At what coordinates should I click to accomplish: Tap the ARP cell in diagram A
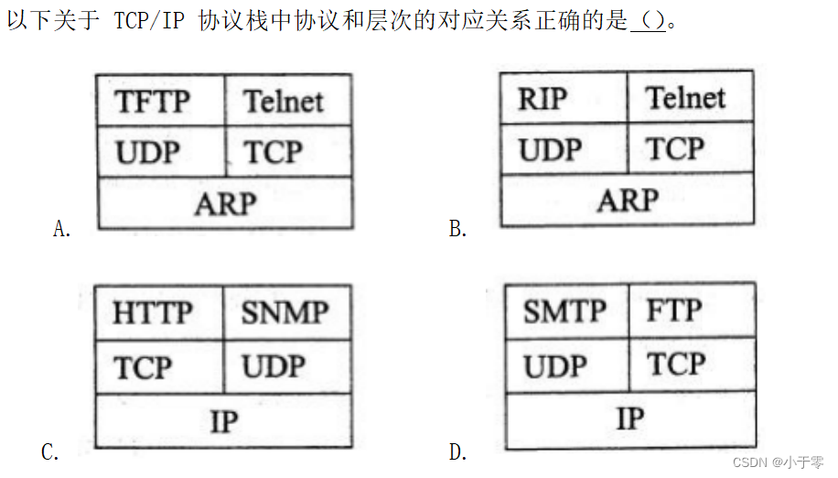[224, 203]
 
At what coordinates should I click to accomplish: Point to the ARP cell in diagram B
[627, 200]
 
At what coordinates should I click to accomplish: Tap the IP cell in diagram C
[223, 421]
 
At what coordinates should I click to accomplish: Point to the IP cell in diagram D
[630, 419]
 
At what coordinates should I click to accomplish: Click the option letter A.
[62, 229]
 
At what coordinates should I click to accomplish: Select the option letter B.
[458, 229]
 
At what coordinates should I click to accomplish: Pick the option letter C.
[50, 451]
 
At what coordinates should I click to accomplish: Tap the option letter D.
[458, 451]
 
